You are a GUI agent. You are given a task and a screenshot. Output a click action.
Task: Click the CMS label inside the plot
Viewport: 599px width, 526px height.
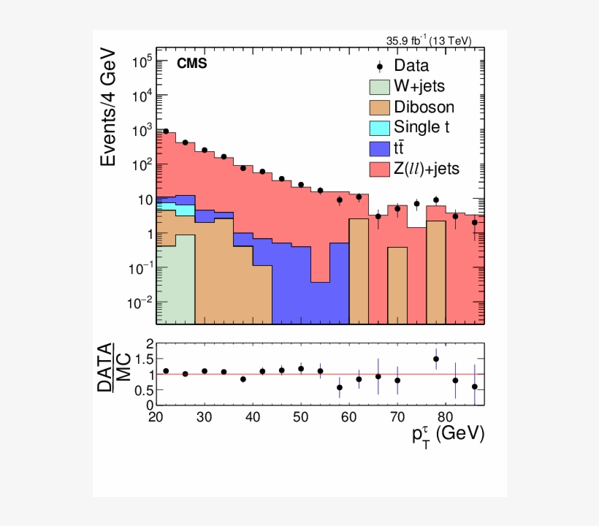(192, 64)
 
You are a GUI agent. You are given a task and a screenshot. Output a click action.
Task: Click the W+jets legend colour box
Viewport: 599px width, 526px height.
(379, 86)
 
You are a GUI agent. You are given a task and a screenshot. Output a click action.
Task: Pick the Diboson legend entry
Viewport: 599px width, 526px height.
(423, 107)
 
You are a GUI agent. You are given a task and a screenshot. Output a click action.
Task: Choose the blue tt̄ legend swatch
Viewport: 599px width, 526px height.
(379, 148)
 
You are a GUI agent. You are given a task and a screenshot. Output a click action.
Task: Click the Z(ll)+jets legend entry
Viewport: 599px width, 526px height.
(426, 169)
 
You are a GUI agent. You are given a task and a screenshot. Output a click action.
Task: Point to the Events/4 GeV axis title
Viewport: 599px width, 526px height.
(108, 107)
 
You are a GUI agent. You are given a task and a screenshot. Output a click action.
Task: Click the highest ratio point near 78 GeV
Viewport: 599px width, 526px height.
(436, 359)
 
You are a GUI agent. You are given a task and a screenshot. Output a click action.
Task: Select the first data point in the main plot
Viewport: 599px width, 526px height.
(166, 131)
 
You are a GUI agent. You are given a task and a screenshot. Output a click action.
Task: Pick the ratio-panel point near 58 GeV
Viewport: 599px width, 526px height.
(340, 387)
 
